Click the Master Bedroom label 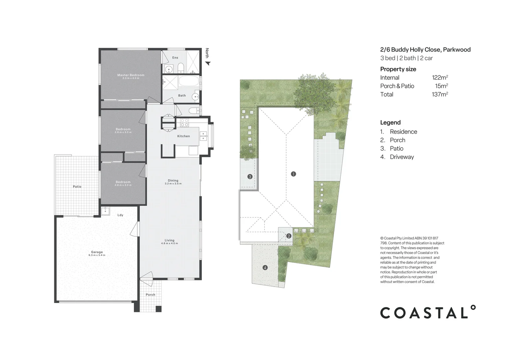pyautogui.click(x=131, y=75)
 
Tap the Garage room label pyautogui.click(x=97, y=252)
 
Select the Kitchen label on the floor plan pyautogui.click(x=183, y=136)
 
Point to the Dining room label pyautogui.click(x=173, y=181)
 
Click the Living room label pyautogui.click(x=169, y=240)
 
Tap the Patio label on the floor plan pyautogui.click(x=77, y=187)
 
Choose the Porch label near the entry pyautogui.click(x=150, y=295)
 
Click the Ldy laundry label pyautogui.click(x=120, y=215)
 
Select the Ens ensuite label pyautogui.click(x=175, y=58)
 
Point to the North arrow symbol pyautogui.click(x=208, y=63)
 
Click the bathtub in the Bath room pyautogui.click(x=189, y=82)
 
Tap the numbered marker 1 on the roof pyautogui.click(x=293, y=174)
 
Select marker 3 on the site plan pyautogui.click(x=250, y=177)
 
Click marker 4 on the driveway pyautogui.click(x=265, y=267)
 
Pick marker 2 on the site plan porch pyautogui.click(x=288, y=236)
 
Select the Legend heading pyautogui.click(x=390, y=122)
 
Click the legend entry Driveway pyautogui.click(x=402, y=157)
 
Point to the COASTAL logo pyautogui.click(x=428, y=312)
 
